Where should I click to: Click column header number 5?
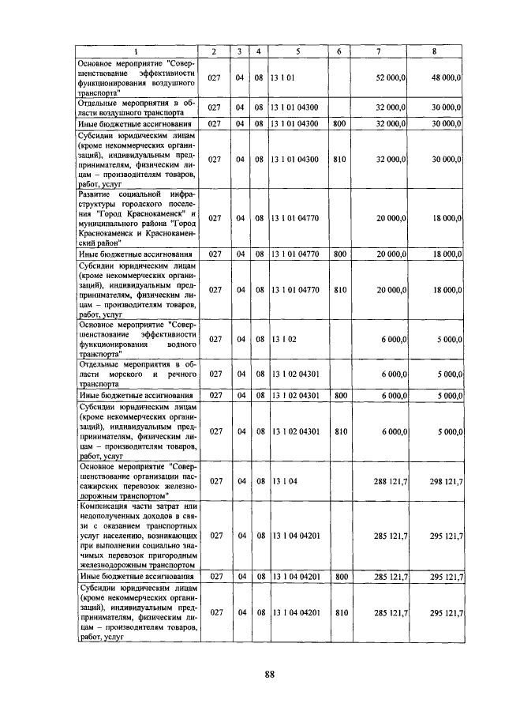(297, 52)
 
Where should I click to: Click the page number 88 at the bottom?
(269, 674)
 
